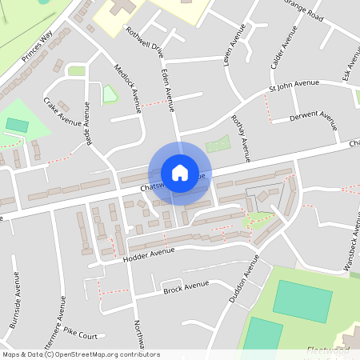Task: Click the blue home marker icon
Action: [180, 173]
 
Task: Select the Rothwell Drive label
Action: [145, 42]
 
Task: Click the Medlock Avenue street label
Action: [127, 88]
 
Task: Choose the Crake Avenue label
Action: [62, 112]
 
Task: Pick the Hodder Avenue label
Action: [149, 253]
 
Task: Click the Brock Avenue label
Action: [186, 286]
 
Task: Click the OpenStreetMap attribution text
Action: [81, 354]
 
